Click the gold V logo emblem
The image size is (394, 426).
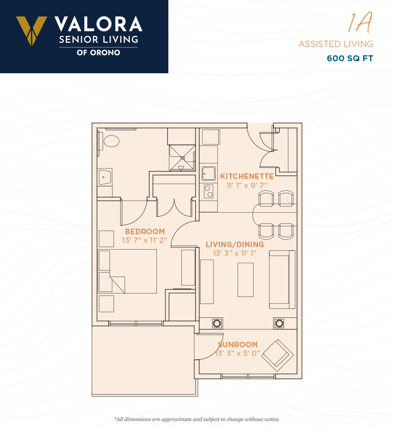[31, 30]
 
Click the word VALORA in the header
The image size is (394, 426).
[99, 24]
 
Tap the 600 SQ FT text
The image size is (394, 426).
[350, 58]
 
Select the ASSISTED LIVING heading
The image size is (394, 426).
[336, 44]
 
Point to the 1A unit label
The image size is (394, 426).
[360, 22]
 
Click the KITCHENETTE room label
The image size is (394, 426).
[247, 176]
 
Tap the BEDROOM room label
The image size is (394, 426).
[145, 232]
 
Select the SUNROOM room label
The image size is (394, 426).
[238, 344]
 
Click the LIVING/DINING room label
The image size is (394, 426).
[235, 245]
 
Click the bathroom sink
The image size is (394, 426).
[105, 177]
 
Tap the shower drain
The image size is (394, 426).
[182, 158]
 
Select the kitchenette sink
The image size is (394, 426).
[209, 173]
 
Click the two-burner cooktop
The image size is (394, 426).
[209, 191]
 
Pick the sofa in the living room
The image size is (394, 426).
[282, 280]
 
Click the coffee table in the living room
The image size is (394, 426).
[246, 280]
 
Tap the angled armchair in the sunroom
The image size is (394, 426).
[277, 355]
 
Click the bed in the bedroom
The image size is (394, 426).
[128, 272]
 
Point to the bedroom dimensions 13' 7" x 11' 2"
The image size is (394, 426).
[144, 241]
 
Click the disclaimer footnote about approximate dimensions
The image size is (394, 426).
[197, 419]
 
